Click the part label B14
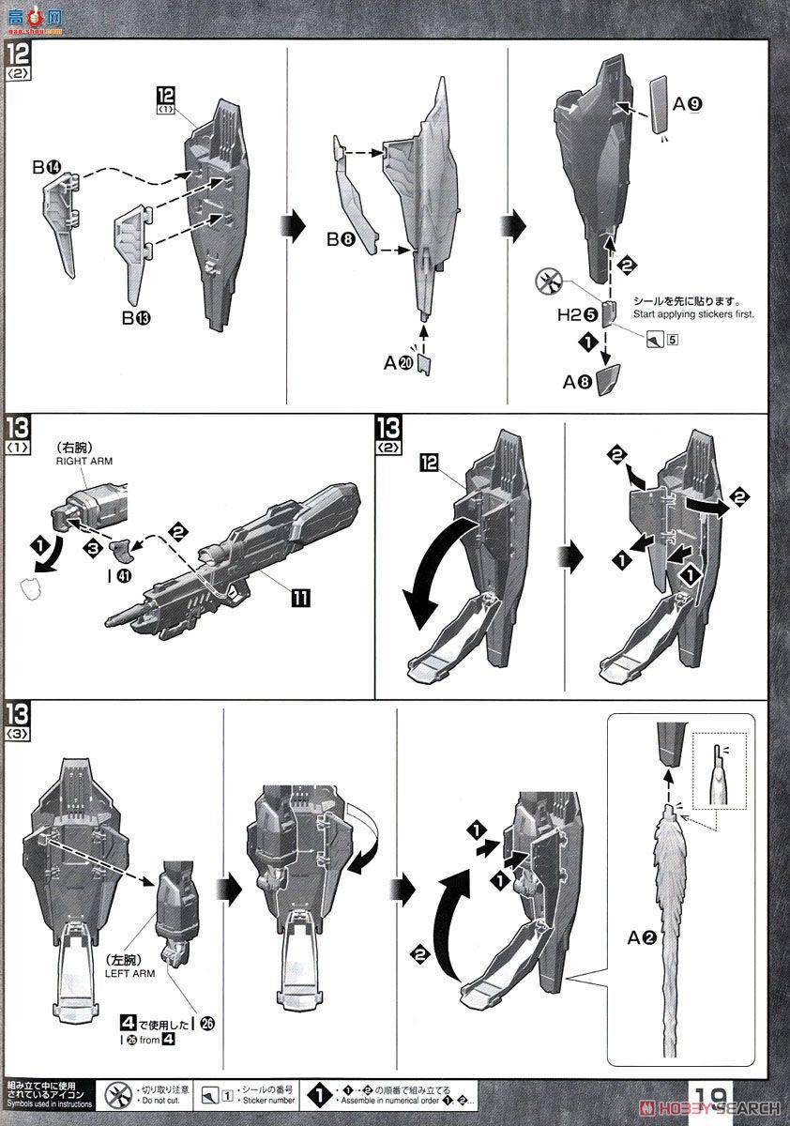(x=46, y=168)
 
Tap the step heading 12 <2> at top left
(x=18, y=68)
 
